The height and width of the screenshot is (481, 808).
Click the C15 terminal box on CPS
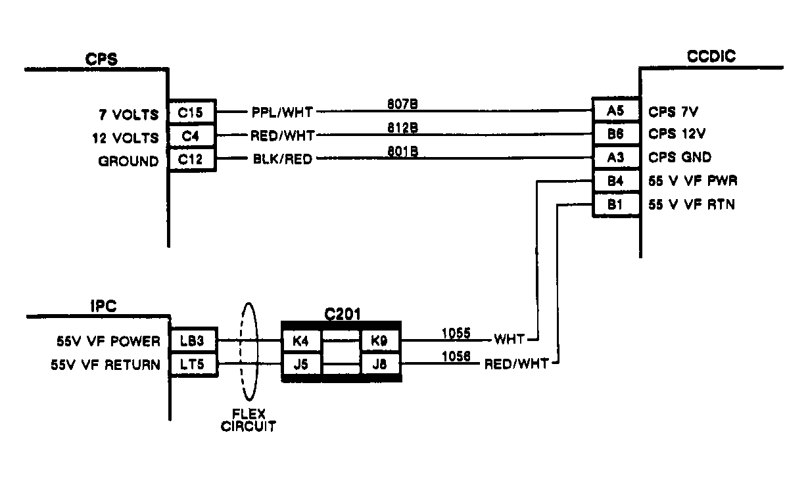pyautogui.click(x=191, y=113)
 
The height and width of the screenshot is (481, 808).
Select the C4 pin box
pyautogui.click(x=191, y=136)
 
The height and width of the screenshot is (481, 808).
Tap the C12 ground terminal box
pyautogui.click(x=191, y=159)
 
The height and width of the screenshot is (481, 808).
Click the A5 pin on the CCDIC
pyautogui.click(x=615, y=111)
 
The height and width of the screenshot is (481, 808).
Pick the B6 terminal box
pyautogui.click(x=615, y=134)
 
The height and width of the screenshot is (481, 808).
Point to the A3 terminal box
pyautogui.click(x=615, y=158)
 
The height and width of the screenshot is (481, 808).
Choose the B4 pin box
pyautogui.click(x=615, y=181)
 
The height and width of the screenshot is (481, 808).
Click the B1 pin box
pyautogui.click(x=615, y=204)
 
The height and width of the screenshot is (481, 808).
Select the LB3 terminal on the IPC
pyautogui.click(x=193, y=341)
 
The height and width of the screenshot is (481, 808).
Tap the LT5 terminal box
pyautogui.click(x=193, y=364)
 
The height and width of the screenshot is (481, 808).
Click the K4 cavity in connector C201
pyautogui.click(x=302, y=341)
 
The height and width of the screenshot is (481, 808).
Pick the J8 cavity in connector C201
pyautogui.click(x=379, y=364)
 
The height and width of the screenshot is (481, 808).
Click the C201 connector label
pyautogui.click(x=343, y=315)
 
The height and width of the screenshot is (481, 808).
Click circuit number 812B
pyautogui.click(x=403, y=127)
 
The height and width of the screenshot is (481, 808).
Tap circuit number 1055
pyautogui.click(x=456, y=333)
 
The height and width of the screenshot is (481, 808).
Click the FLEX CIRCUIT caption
pyautogui.click(x=249, y=421)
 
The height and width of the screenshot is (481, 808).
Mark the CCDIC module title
pyautogui.click(x=711, y=57)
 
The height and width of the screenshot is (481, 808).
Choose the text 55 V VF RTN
pyautogui.click(x=691, y=205)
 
